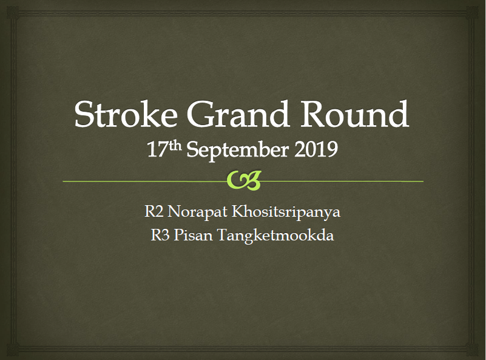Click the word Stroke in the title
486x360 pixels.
coord(126,114)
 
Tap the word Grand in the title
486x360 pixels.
coord(238,114)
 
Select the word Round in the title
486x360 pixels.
coord(354,114)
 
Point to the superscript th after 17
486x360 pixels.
coord(175,146)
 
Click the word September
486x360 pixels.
coord(238,150)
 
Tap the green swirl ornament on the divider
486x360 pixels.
coord(244,180)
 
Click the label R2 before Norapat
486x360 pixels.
coord(154,212)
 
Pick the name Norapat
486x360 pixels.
coord(197,212)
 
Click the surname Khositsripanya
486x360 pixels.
coord(286,212)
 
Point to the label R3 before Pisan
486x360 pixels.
coord(160,235)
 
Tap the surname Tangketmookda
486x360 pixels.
coord(275,236)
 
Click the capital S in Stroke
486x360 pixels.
coord(84,114)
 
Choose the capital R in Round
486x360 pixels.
coord(314,114)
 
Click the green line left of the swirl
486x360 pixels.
coord(145,181)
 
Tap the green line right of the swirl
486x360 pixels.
coord(342,181)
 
